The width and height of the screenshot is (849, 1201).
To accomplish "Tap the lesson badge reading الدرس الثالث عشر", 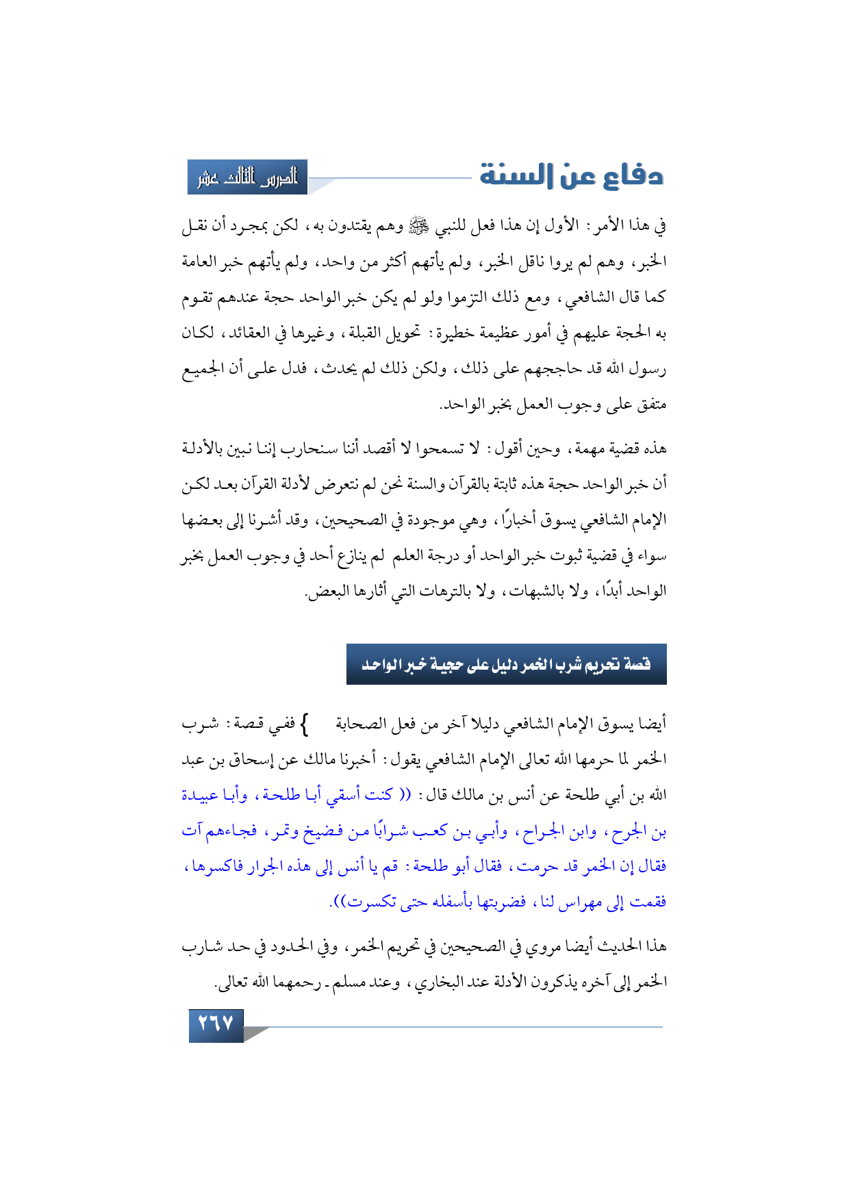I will (248, 177).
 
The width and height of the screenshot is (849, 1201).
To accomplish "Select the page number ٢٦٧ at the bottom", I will (216, 1024).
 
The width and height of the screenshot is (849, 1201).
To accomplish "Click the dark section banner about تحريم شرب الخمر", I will (506, 664).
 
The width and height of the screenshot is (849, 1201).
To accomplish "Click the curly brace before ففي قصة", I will (305, 723).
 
